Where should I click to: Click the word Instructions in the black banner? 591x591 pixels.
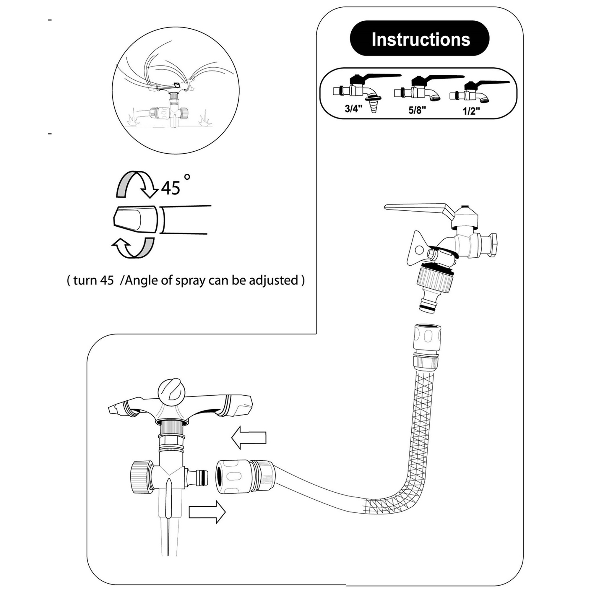point(420,39)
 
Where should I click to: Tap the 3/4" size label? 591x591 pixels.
point(353,108)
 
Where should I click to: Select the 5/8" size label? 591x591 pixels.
point(417,110)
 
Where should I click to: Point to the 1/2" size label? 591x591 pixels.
point(471,111)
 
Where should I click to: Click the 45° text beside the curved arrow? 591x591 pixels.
point(171,188)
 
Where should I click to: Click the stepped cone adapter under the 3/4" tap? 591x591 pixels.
point(374,105)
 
